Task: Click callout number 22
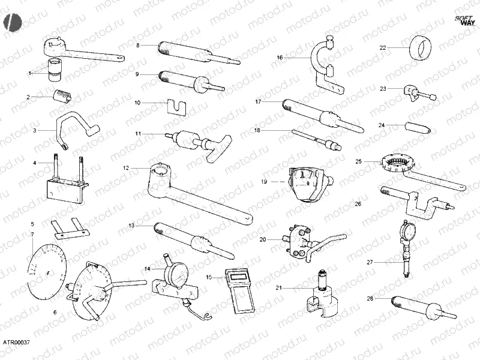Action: pos(383,47)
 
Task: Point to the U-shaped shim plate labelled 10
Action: pos(176,106)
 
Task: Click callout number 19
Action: pos(264,181)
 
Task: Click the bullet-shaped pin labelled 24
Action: pos(416,128)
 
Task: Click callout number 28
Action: pos(370,298)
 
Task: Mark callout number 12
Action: pos(127,168)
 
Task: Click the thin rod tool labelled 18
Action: pos(314,139)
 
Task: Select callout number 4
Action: pos(35,163)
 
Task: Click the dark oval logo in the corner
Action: pos(12,22)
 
